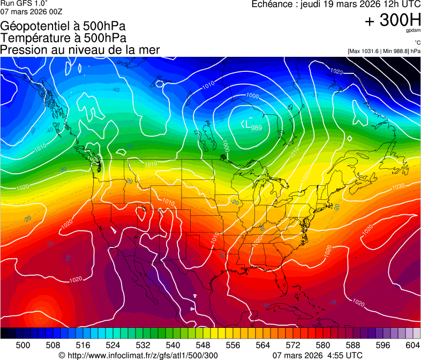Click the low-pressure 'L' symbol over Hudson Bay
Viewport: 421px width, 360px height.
pyautogui.click(x=248, y=125)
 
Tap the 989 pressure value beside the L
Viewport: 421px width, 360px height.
pyautogui.click(x=257, y=127)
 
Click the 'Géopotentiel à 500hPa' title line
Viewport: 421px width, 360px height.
pyautogui.click(x=59, y=26)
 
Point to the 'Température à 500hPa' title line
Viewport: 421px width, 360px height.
pyautogui.click(x=63, y=38)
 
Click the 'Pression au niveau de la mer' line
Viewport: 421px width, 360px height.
pyautogui.click(x=80, y=50)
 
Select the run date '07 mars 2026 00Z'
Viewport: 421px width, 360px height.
pyautogui.click(x=27, y=11)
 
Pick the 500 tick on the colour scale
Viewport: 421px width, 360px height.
pyautogui.click(x=22, y=344)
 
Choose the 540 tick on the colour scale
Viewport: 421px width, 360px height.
pyautogui.click(x=173, y=344)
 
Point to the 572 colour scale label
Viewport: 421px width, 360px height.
pyautogui.click(x=293, y=344)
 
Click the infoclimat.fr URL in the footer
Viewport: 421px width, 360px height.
pyautogui.click(x=138, y=355)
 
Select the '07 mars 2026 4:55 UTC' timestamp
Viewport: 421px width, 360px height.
pyautogui.click(x=318, y=355)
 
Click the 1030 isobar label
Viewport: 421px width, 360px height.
pyautogui.click(x=398, y=186)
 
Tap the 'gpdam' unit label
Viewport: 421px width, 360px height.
pyautogui.click(x=413, y=31)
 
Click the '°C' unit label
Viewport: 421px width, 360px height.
pyautogui.click(x=417, y=43)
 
